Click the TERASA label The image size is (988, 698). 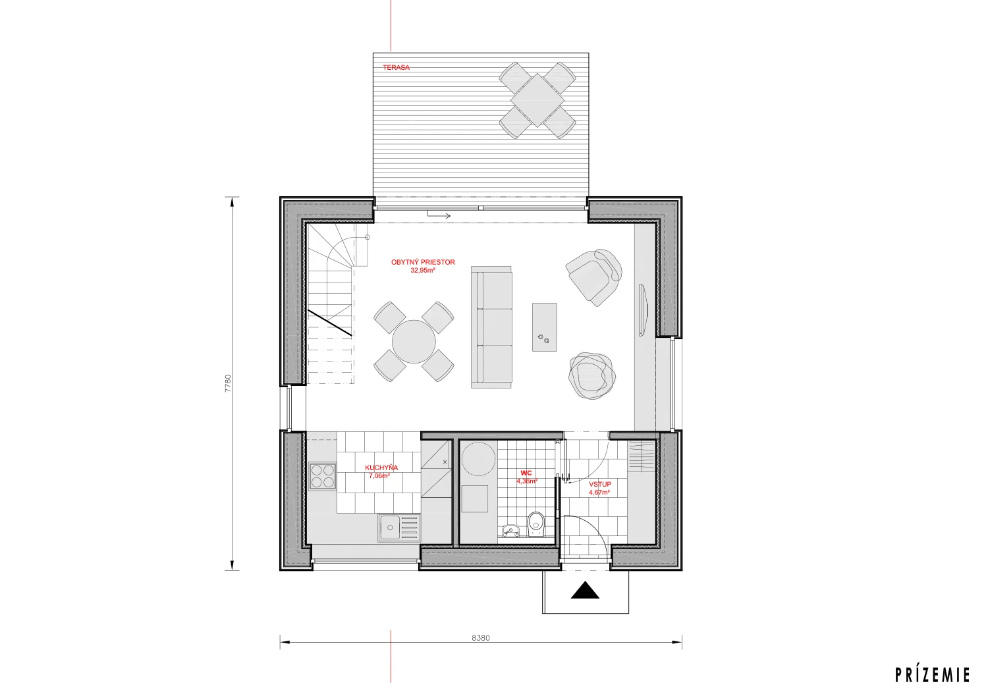396,67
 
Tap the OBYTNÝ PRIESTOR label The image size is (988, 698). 423,262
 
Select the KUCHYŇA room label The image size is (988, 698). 381,468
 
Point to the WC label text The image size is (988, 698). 526,473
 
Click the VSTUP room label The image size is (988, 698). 600,484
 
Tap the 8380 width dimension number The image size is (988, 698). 481,637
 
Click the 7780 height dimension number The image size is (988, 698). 228,383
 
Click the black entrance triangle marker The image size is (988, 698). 585,591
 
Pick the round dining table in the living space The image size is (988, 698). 414,342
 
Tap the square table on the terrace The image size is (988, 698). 537,100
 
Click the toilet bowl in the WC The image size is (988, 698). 536,524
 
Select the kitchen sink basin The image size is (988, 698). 390,527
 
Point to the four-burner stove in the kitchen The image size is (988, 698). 323,476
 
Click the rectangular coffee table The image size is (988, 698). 544,327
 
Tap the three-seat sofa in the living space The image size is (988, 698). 491,327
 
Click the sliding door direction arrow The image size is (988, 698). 439,215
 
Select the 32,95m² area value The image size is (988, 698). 423,270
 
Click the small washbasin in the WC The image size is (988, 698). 510,531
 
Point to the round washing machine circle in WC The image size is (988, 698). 479,459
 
